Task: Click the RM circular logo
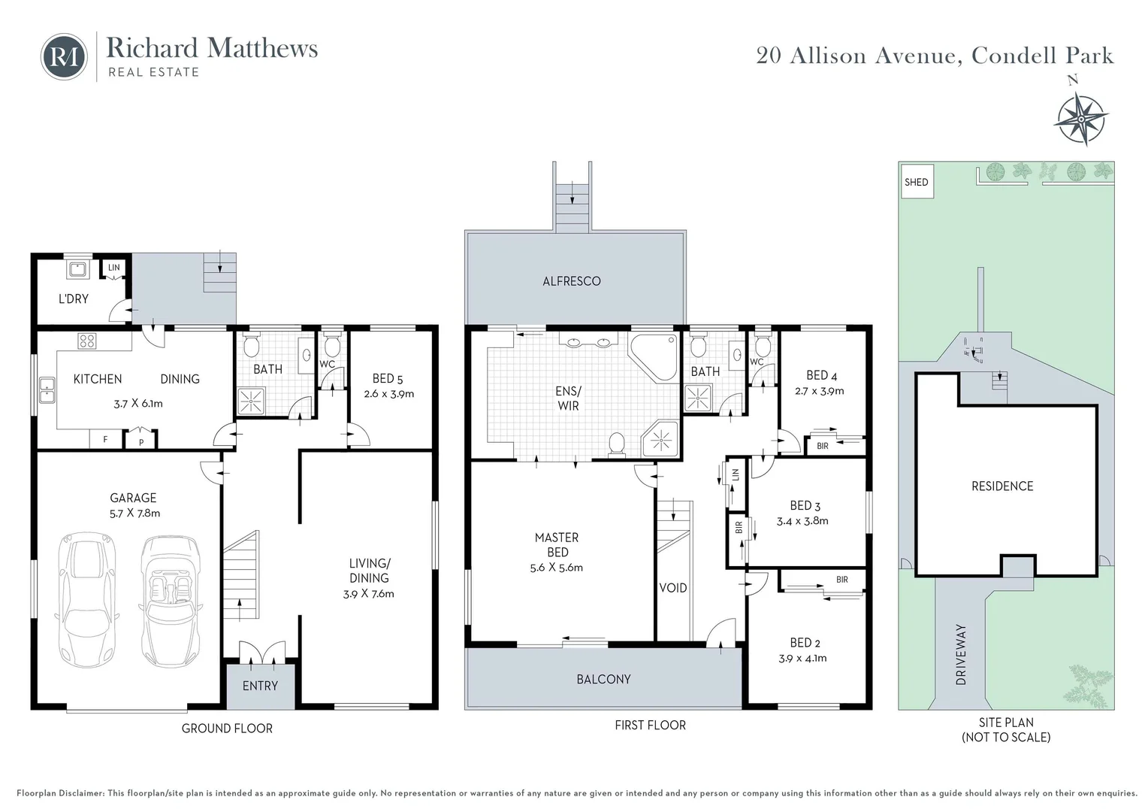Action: (x=64, y=57)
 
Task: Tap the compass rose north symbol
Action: (x=1080, y=119)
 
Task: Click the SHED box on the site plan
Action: (x=917, y=181)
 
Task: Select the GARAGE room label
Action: (x=133, y=498)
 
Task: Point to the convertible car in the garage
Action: (x=170, y=601)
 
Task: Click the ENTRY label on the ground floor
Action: (x=261, y=686)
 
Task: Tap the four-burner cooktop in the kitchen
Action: (x=86, y=341)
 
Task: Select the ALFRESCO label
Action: (x=572, y=281)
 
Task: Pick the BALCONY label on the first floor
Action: (x=603, y=679)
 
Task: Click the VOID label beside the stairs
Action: (x=673, y=588)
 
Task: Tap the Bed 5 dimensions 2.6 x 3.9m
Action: (x=389, y=394)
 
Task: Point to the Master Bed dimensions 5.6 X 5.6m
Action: (x=557, y=568)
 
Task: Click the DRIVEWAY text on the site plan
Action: (x=961, y=655)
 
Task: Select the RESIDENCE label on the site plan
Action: (x=1002, y=486)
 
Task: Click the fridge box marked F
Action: (x=106, y=440)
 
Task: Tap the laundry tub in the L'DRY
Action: (x=78, y=269)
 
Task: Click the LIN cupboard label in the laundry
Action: (x=113, y=267)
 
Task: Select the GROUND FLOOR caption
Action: (x=227, y=729)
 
